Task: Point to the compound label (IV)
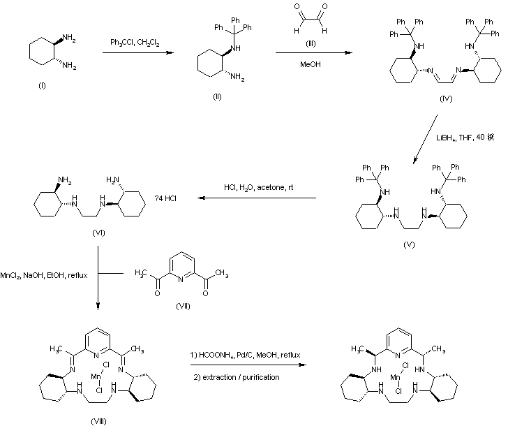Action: (447, 98)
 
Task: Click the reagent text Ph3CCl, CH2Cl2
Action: (135, 43)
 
